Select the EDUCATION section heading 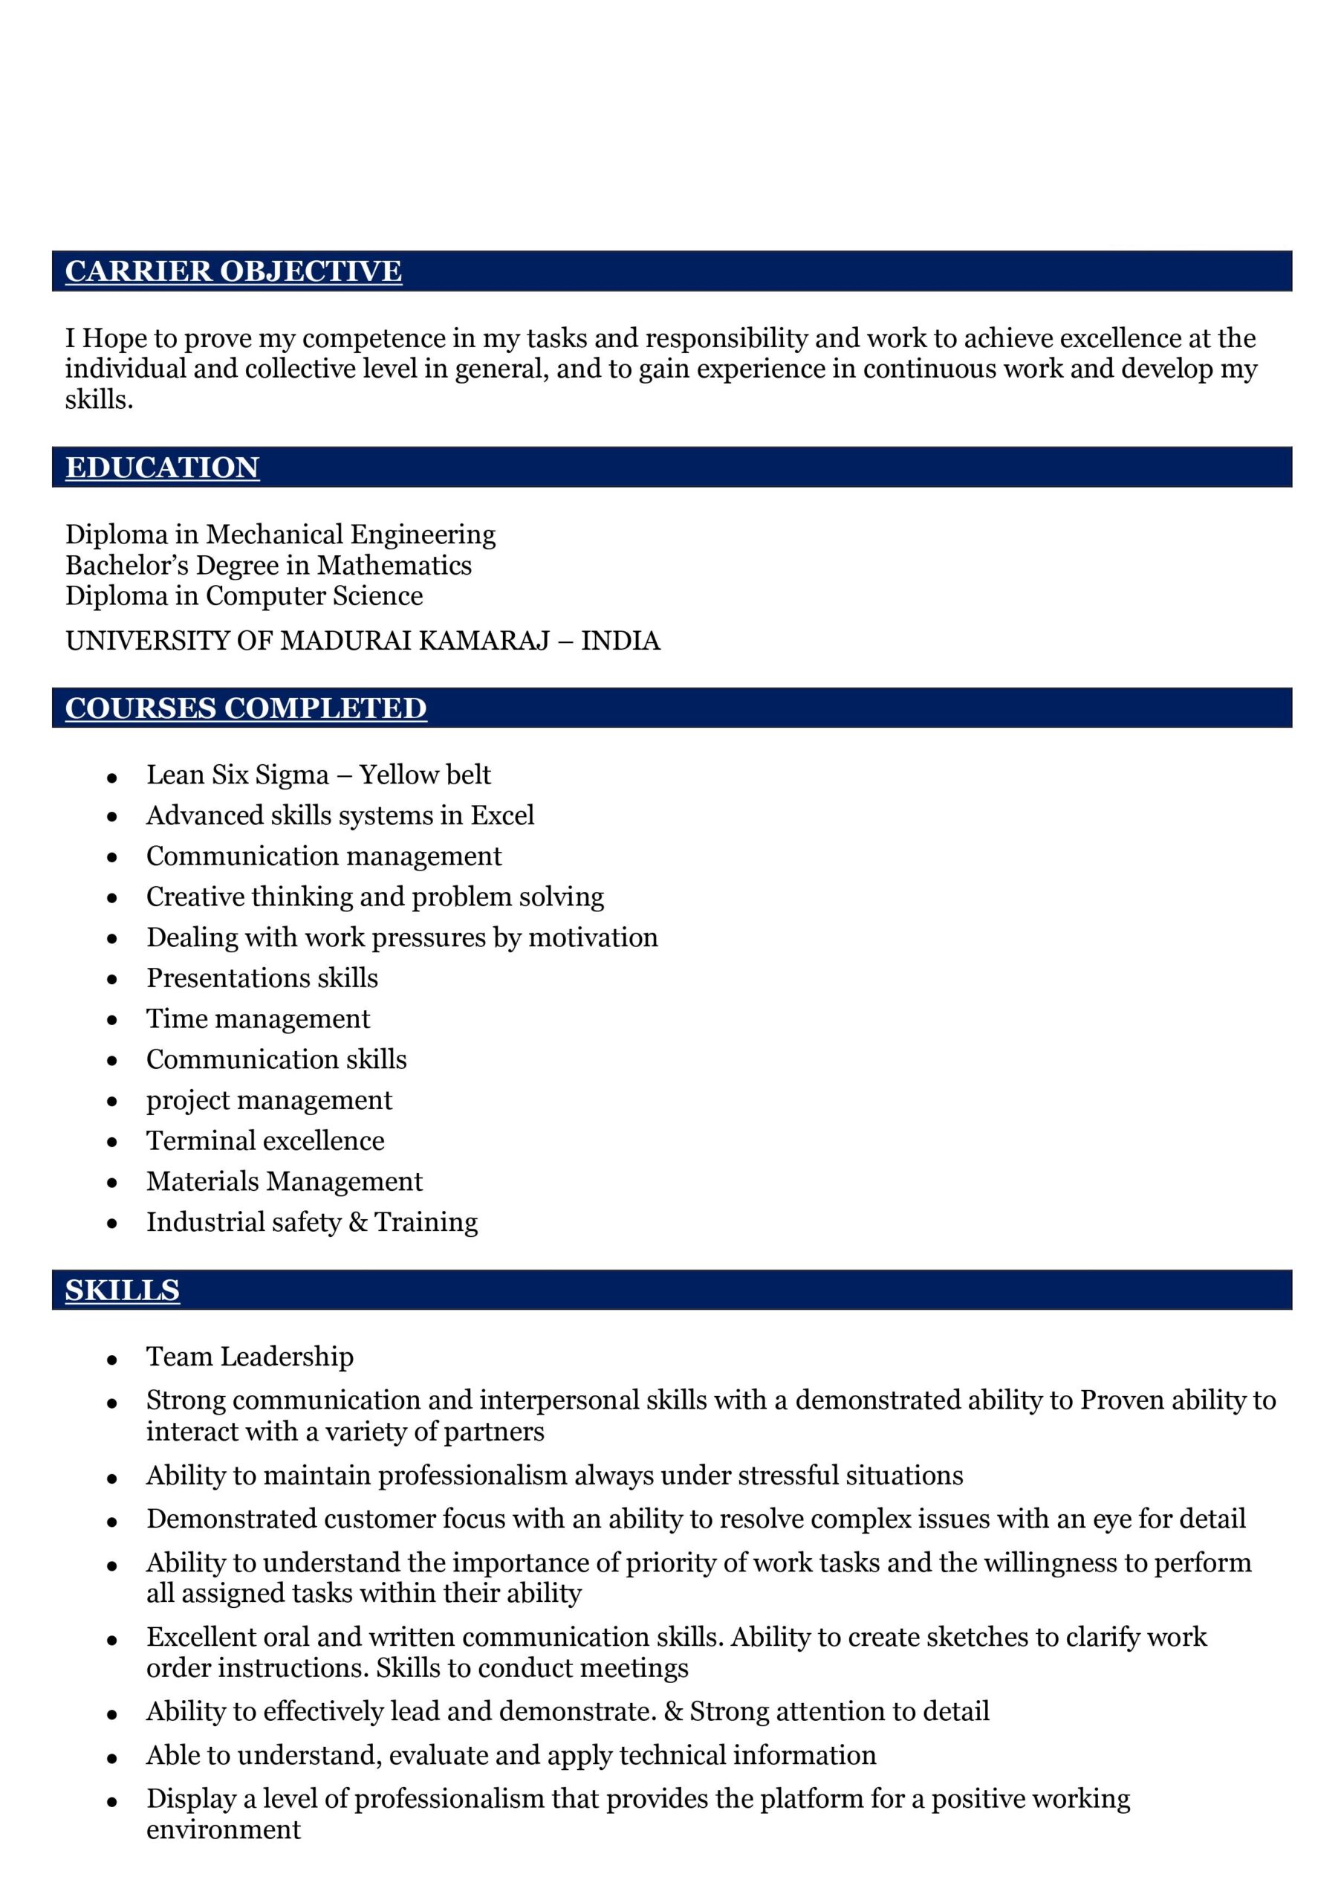click(x=163, y=468)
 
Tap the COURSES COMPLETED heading click(x=246, y=708)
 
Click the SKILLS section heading click(x=123, y=1290)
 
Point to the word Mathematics click(x=395, y=565)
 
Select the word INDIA click(x=620, y=641)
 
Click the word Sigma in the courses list click(x=293, y=775)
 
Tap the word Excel click(x=502, y=815)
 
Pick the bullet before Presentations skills click(x=112, y=980)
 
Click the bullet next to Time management click(x=112, y=1021)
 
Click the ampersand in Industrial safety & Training click(x=358, y=1223)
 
